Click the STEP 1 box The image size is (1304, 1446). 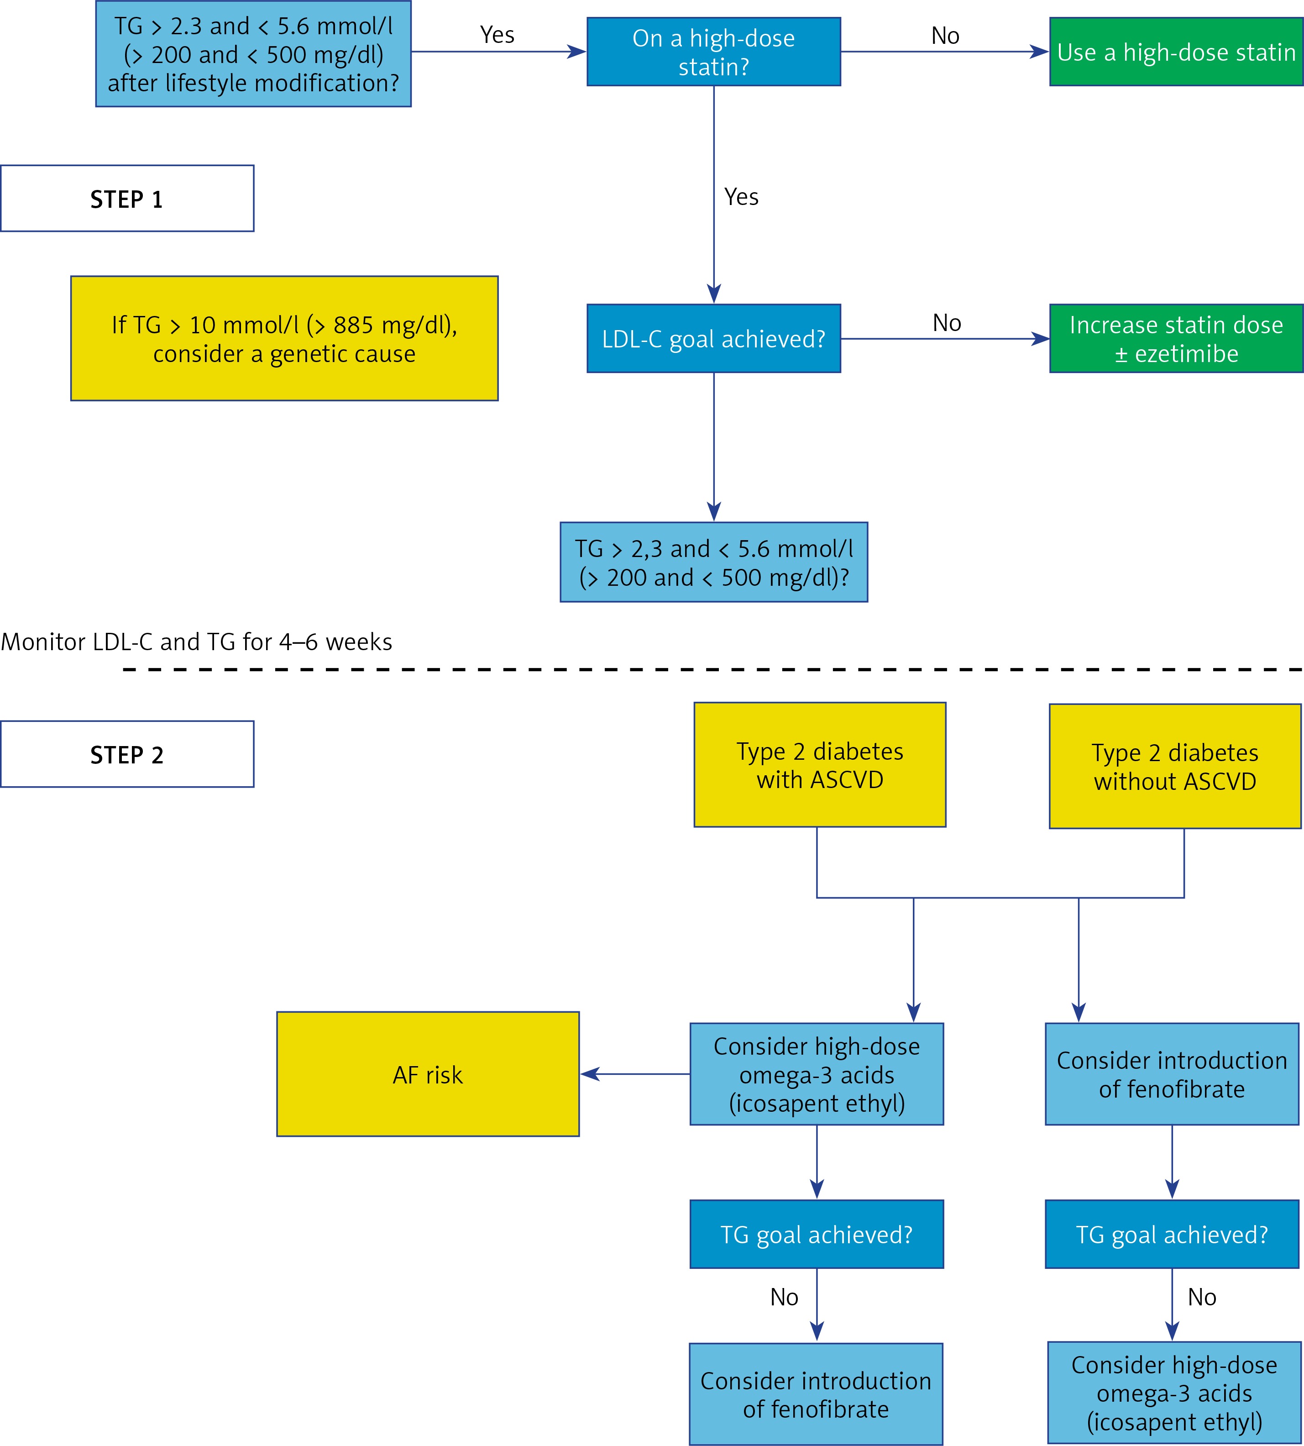pos(127,199)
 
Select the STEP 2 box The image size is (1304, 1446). pos(127,754)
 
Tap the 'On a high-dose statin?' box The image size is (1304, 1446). pos(714,52)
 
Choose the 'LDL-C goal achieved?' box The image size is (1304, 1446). pos(714,338)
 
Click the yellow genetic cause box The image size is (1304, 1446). pos(284,338)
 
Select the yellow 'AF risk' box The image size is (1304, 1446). pos(428,1074)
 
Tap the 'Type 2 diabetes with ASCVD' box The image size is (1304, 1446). pos(820,765)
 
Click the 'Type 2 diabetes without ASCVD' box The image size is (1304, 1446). pos(1175,766)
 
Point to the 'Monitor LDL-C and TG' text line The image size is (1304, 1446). pos(196,641)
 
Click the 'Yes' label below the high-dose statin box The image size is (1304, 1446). pos(741,196)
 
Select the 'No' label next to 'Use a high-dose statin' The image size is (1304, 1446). pos(945,35)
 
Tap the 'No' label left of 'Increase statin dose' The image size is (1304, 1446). pos(947,322)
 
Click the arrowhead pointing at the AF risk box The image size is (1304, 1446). pos(590,1074)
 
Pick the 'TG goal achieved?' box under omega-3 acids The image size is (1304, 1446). pos(817,1234)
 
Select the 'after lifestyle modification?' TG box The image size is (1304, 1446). pos(254,54)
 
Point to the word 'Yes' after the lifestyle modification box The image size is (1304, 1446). pos(497,34)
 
